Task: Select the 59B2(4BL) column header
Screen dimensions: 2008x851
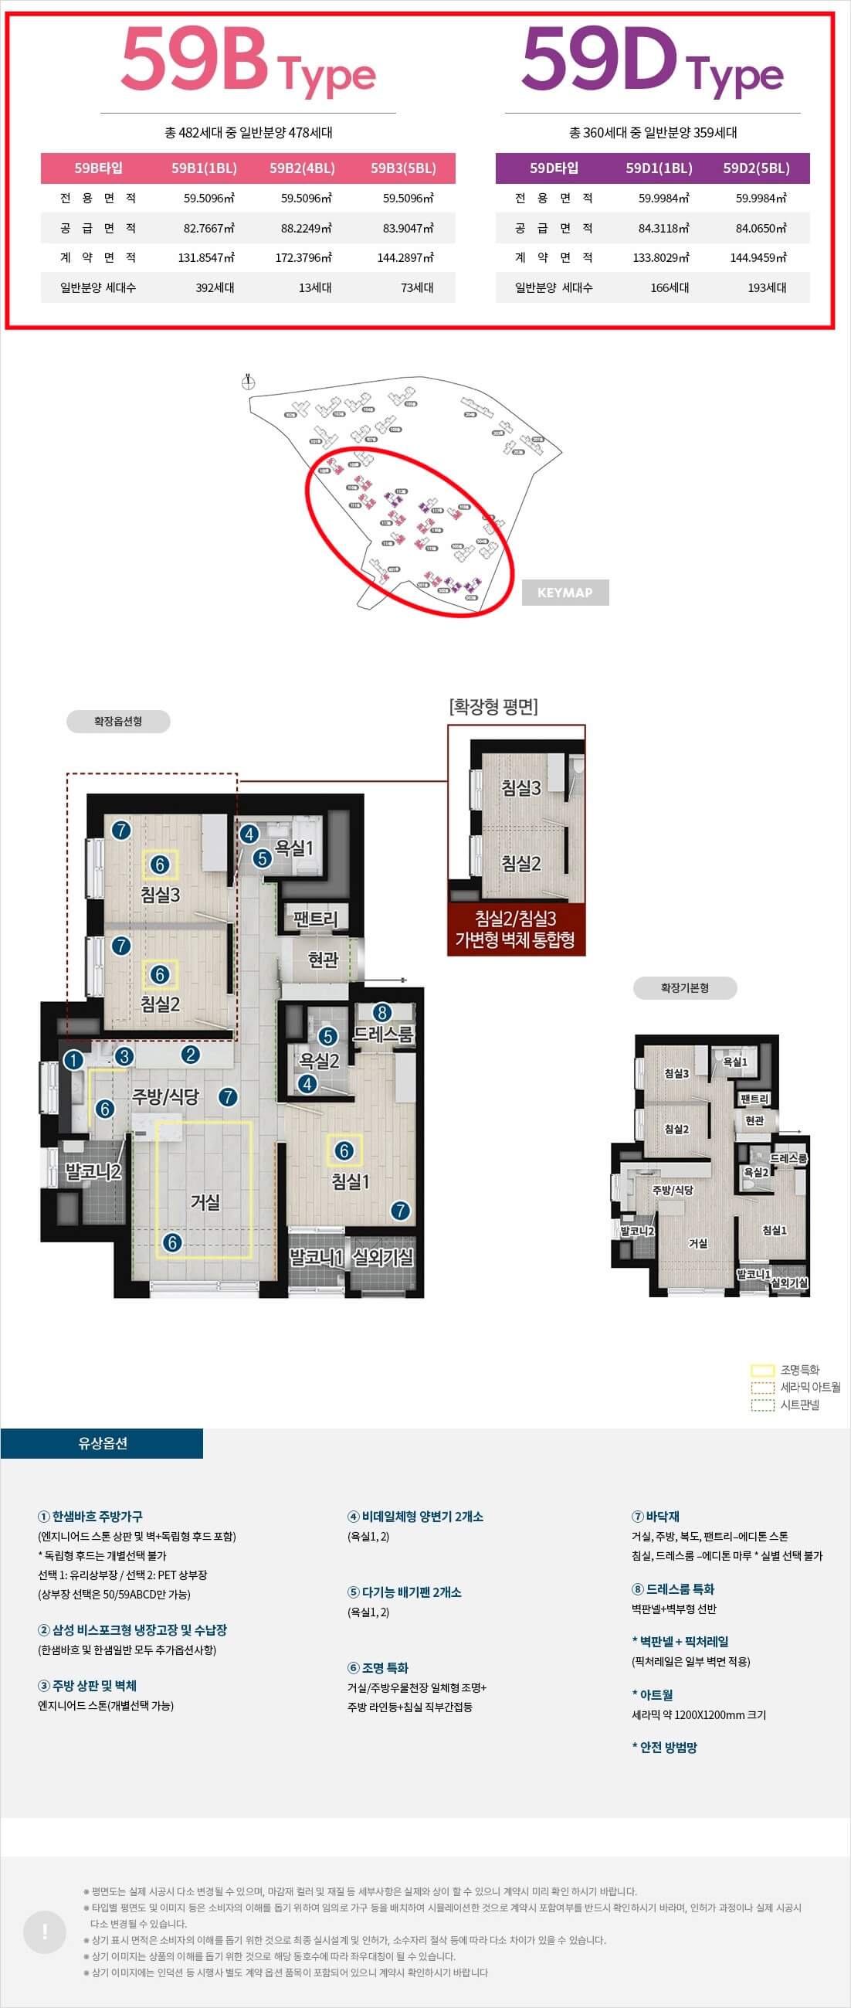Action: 303,168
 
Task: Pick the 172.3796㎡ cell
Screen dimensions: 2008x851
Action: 303,258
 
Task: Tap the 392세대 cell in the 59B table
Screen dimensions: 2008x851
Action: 215,287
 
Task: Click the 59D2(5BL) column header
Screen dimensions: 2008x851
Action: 756,168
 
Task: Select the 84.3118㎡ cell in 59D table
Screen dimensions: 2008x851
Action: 663,229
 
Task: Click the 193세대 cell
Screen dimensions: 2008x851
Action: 767,287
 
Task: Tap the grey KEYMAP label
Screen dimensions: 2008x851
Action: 565,593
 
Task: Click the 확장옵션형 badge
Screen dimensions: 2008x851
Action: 117,721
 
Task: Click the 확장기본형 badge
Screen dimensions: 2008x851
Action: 684,987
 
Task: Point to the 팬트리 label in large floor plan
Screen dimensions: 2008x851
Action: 316,919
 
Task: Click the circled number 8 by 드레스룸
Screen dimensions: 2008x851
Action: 381,1013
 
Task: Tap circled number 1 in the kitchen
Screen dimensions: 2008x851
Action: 73,1059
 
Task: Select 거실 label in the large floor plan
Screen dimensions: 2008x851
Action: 205,1202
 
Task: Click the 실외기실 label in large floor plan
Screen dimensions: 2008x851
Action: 382,1256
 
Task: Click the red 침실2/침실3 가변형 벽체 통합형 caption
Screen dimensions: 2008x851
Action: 515,929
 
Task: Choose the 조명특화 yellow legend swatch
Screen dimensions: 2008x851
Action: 762,1371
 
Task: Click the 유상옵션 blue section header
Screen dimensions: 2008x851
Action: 102,1444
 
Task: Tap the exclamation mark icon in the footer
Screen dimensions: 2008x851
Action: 46,1932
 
